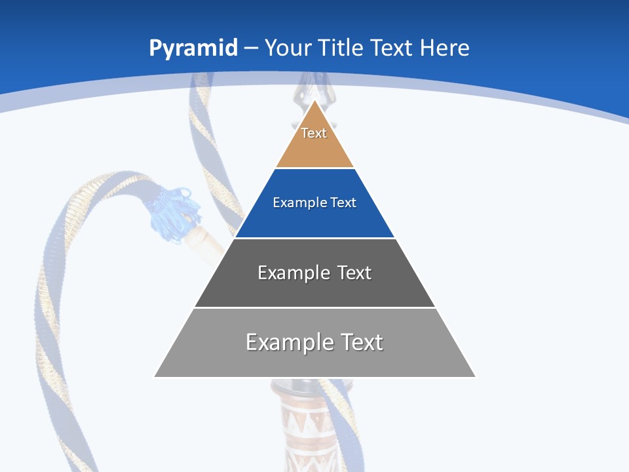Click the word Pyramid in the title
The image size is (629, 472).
(193, 49)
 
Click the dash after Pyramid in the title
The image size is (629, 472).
(251, 49)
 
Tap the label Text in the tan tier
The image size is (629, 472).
(314, 133)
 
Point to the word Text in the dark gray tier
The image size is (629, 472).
(354, 273)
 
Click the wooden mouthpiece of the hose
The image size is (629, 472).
(206, 244)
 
